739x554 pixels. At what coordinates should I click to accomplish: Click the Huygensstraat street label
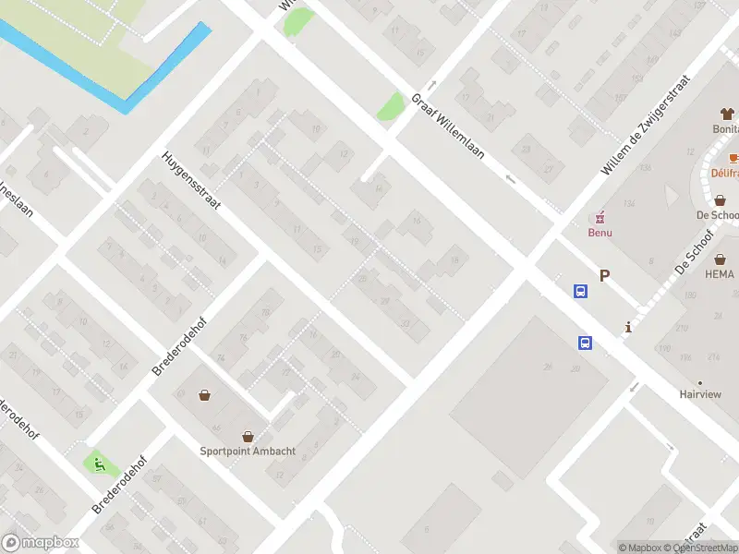tap(192, 181)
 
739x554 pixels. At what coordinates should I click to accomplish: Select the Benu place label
tap(600, 233)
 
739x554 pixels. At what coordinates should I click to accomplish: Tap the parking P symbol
tap(605, 275)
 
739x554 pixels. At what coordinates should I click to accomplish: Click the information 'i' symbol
tap(628, 326)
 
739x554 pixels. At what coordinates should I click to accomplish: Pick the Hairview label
tap(700, 394)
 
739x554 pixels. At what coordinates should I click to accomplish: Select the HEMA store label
tap(719, 274)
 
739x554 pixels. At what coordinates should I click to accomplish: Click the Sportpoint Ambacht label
tap(236, 452)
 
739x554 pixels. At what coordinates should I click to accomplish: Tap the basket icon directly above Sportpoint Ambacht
tap(248, 436)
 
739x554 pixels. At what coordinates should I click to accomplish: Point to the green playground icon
tap(96, 464)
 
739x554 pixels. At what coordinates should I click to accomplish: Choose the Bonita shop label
tap(724, 130)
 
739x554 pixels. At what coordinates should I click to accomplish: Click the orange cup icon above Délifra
tap(733, 158)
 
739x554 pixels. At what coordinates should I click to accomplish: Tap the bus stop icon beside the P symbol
tap(580, 291)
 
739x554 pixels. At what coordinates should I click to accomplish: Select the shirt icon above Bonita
tap(727, 114)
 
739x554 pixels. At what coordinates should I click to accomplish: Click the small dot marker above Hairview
tap(699, 382)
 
